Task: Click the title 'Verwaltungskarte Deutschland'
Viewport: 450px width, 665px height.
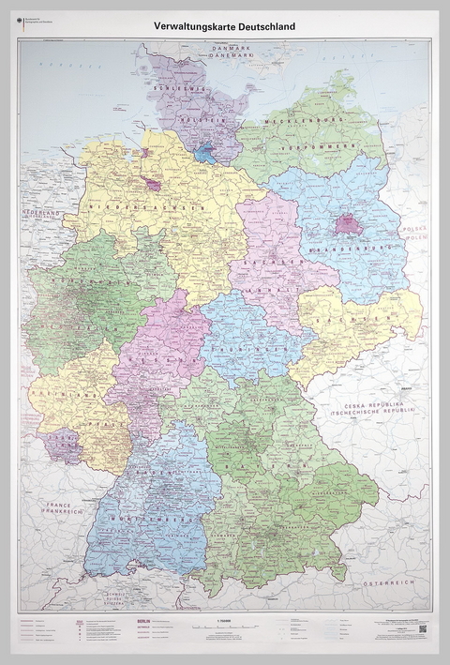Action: coord(225,26)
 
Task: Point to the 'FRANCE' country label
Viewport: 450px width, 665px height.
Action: coord(55,503)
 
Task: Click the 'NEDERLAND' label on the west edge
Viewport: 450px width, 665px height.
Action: coord(39,215)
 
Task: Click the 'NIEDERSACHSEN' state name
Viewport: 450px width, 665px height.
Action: coord(144,205)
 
